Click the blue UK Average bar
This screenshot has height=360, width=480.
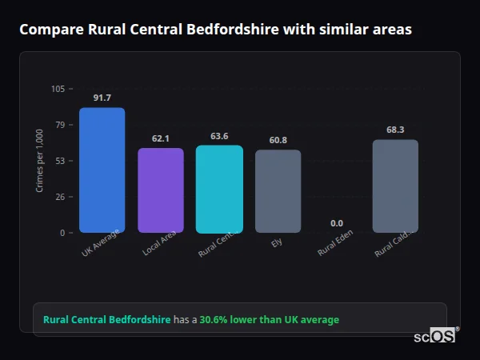[102, 170]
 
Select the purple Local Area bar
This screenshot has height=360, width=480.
[161, 190]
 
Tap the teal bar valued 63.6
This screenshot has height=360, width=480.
[219, 189]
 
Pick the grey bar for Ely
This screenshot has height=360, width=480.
[278, 191]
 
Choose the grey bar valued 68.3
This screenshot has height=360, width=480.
[395, 186]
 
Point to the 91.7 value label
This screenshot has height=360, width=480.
[102, 98]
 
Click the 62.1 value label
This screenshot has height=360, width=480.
[161, 138]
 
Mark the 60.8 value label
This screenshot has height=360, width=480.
[278, 140]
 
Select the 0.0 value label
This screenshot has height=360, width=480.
[337, 223]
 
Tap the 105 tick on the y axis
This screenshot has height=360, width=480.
[58, 89]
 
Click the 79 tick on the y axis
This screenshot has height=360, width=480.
[61, 125]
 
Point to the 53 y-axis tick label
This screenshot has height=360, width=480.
[61, 161]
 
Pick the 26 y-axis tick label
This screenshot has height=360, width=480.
[61, 197]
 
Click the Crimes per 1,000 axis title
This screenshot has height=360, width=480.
[39, 161]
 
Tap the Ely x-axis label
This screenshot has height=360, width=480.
[277, 242]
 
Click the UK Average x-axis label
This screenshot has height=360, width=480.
[100, 243]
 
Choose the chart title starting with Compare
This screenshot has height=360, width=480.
[215, 30]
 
